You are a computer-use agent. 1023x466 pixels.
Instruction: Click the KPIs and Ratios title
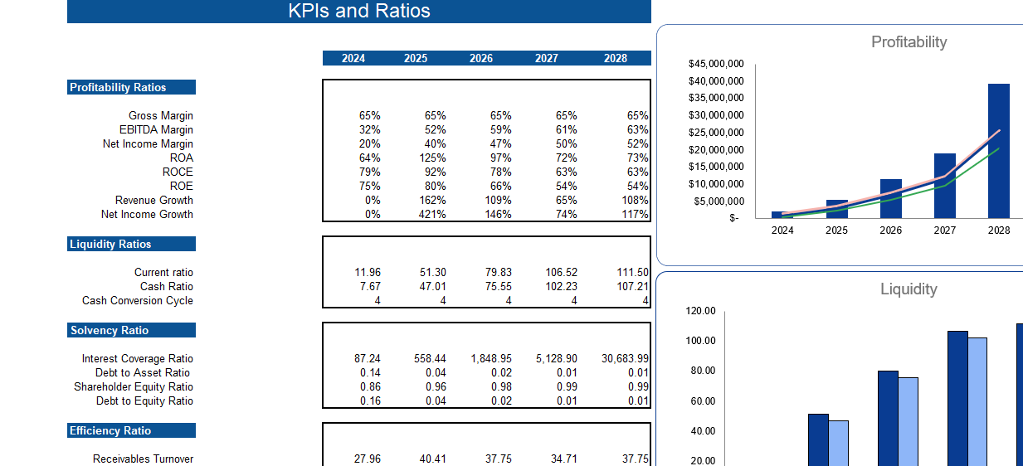[358, 11]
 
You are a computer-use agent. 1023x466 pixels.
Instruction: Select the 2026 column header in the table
[480, 58]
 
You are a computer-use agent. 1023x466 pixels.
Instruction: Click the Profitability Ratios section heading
[118, 87]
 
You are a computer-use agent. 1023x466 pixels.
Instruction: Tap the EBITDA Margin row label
[156, 129]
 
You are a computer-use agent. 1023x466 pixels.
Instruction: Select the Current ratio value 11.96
[367, 272]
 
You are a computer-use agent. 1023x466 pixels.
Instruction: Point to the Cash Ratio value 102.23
[560, 286]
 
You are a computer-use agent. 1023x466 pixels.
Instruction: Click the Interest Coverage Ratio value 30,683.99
[625, 358]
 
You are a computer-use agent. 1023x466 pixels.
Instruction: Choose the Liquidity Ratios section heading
[110, 244]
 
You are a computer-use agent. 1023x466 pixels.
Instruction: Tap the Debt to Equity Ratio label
[144, 400]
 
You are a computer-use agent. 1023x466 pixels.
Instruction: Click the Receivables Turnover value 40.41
[432, 459]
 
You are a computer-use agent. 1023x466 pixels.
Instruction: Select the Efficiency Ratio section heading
[110, 430]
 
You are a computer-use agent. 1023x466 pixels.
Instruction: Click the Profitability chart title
[909, 41]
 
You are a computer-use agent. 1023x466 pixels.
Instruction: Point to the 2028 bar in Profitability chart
[998, 149]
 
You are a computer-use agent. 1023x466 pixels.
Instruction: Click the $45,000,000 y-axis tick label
[716, 64]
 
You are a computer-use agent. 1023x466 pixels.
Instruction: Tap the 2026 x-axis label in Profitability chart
[890, 231]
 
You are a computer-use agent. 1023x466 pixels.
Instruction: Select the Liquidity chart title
[909, 289]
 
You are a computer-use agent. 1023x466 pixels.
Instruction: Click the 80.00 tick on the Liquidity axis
[702, 371]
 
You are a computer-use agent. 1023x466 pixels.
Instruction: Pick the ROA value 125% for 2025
[433, 158]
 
